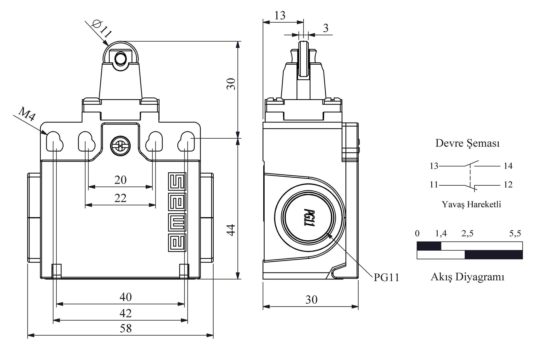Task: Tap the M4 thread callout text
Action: click(27, 114)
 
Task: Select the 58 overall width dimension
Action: click(126, 329)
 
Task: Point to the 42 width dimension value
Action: click(126, 313)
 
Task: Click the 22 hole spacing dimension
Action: click(120, 198)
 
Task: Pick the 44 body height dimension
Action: click(231, 230)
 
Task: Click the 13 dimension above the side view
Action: click(280, 15)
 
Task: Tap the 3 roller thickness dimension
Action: click(326, 28)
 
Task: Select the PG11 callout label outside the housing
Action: click(386, 278)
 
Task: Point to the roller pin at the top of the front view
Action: click(120, 58)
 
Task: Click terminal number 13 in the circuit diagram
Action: click(434, 166)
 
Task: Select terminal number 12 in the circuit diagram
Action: click(508, 185)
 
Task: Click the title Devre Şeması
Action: click(467, 143)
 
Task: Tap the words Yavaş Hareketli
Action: click(471, 204)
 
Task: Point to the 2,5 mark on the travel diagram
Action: click(467, 234)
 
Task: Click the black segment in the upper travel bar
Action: click(429, 246)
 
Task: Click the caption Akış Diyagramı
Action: click(467, 277)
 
